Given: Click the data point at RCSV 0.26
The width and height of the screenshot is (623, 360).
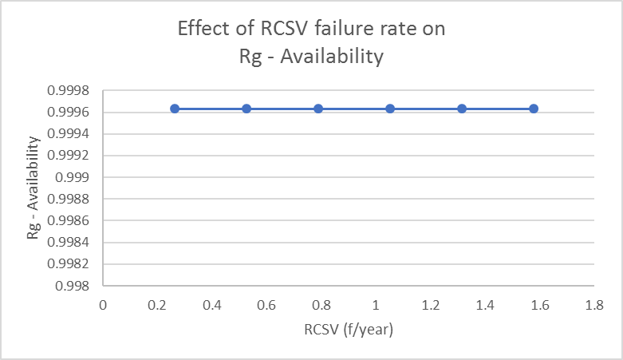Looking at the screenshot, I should pos(175,109).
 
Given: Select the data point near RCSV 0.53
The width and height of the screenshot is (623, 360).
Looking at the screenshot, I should pos(246,109).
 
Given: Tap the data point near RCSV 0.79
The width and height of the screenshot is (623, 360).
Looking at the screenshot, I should pos(318,109).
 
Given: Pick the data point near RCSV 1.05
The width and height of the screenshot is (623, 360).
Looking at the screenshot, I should pos(390,109).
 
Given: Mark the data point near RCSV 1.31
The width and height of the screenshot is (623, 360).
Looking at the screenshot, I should pos(462,109).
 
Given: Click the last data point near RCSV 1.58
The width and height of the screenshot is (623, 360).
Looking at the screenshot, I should pos(534,109).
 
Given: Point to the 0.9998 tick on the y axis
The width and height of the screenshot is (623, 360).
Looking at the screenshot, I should pos(73,90).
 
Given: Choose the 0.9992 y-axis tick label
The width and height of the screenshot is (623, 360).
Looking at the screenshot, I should pos(73,156).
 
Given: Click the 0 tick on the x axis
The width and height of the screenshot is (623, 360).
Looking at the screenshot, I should pos(103,305).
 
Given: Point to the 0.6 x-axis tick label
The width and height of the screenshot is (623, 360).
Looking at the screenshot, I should pos(266,305).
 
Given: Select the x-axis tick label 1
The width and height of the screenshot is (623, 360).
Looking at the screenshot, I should pos(375,305).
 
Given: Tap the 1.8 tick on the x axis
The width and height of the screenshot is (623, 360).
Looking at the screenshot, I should pos(593,305).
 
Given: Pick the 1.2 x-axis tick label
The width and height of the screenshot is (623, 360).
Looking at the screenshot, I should pos(429,305).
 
